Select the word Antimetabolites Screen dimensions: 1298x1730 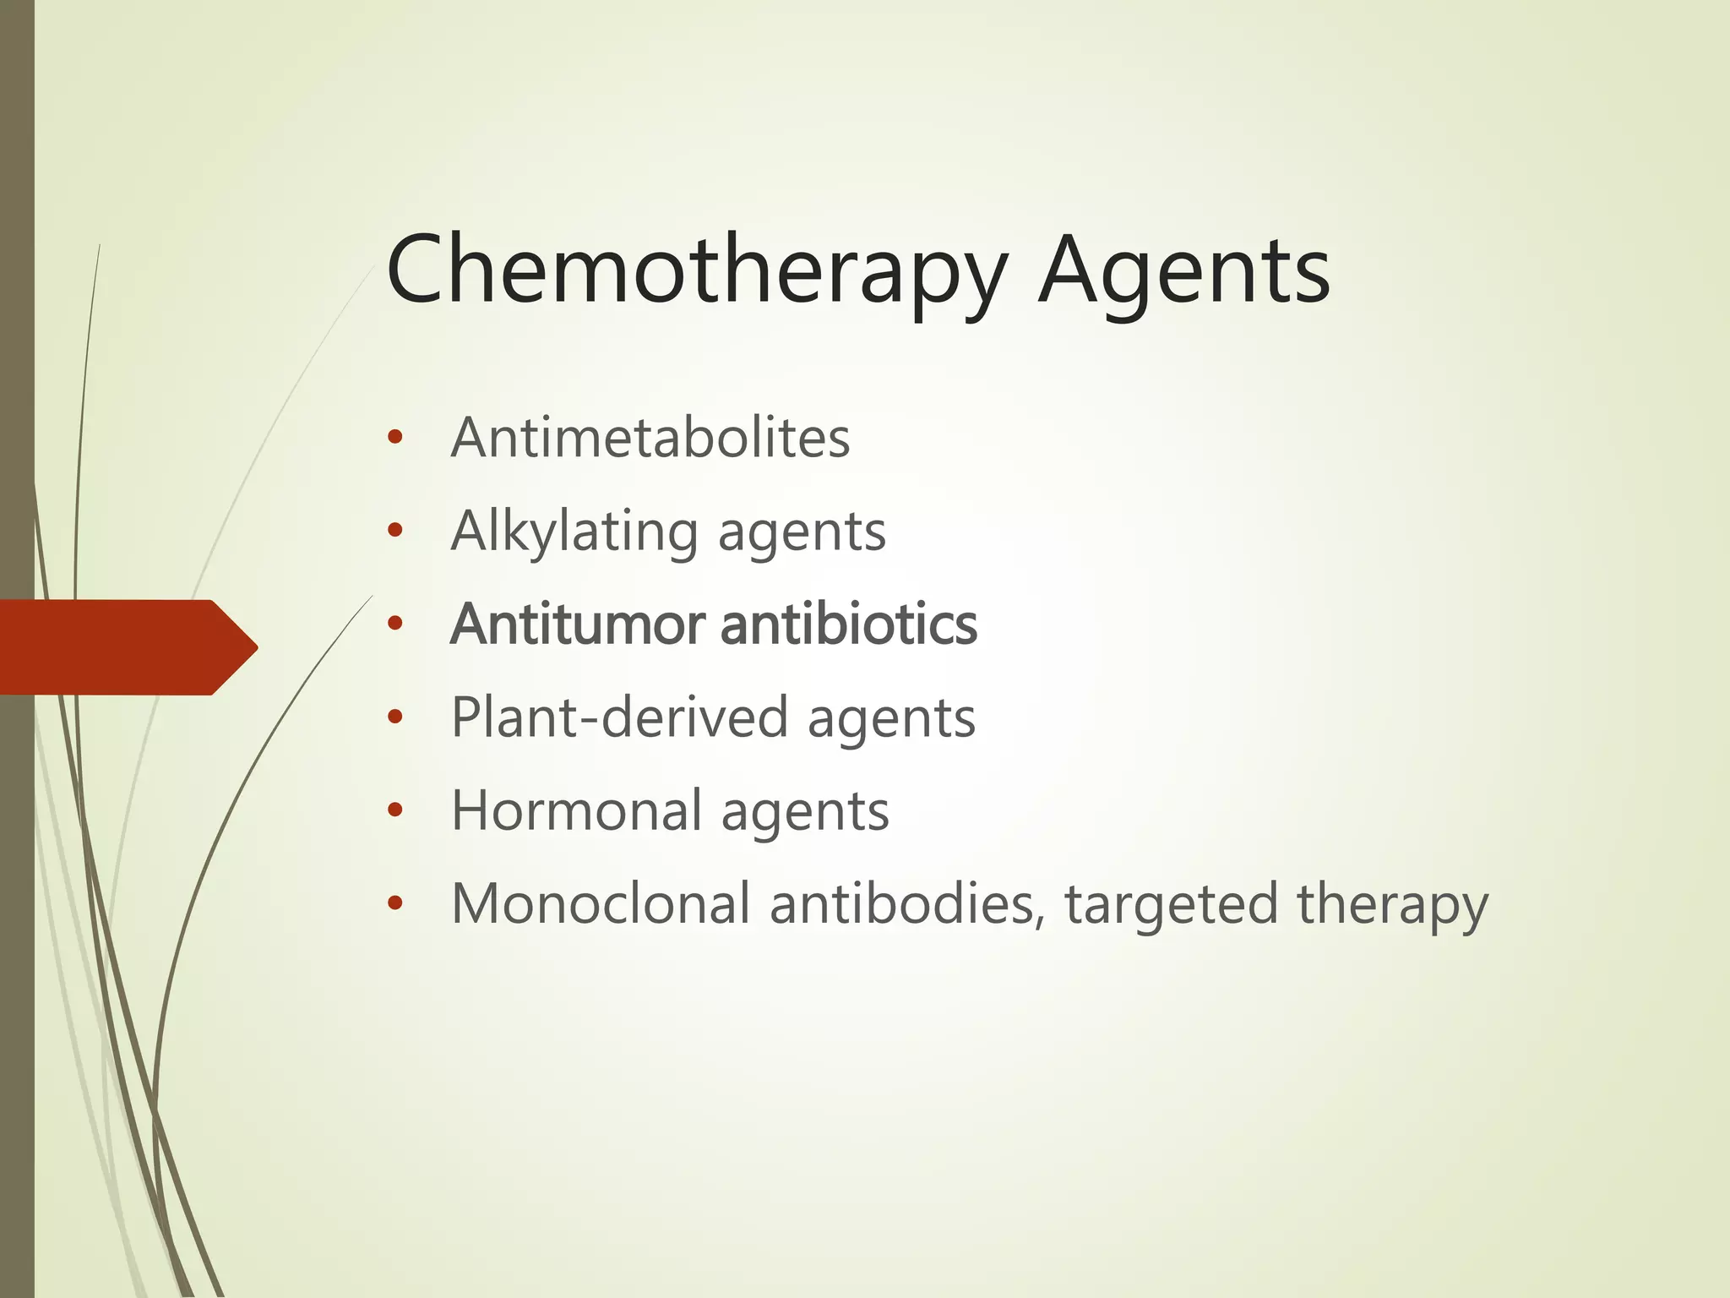[x=650, y=438]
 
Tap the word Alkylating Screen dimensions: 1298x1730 [x=574, y=532]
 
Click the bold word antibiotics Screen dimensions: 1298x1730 [x=849, y=624]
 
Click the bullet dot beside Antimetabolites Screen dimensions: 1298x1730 [x=394, y=438]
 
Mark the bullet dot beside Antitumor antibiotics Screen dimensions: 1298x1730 [x=394, y=624]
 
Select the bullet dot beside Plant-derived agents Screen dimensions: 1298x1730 [x=394, y=717]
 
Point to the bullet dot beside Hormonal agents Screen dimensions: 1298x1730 [x=394, y=810]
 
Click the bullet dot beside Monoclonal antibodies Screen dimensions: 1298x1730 [x=394, y=903]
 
